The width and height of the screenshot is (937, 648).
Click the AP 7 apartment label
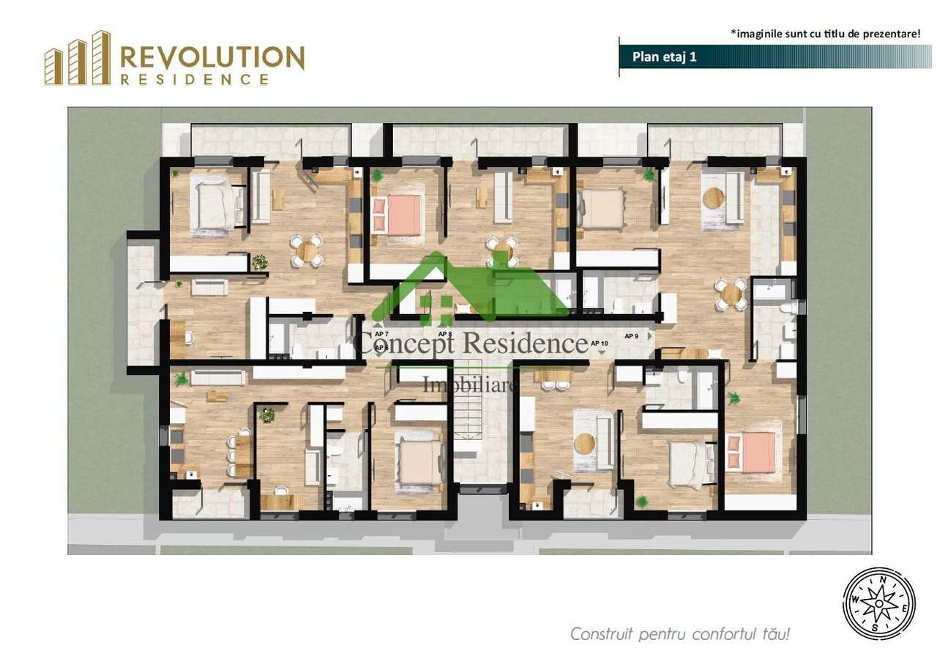pyautogui.click(x=381, y=334)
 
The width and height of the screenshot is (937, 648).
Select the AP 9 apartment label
pyautogui.click(x=631, y=336)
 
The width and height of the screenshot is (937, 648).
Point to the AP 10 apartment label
pyautogui.click(x=599, y=343)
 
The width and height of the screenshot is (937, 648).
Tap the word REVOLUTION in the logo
pyautogui.click(x=212, y=58)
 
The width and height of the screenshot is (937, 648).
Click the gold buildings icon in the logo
pyautogui.click(x=77, y=59)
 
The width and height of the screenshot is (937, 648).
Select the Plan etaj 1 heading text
pyautogui.click(x=654, y=58)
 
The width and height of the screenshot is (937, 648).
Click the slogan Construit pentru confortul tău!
pyautogui.click(x=680, y=633)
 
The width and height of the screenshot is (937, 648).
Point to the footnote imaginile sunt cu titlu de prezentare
pyautogui.click(x=825, y=33)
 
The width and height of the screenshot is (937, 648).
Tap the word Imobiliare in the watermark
pyautogui.click(x=471, y=384)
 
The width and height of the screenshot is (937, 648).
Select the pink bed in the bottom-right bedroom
pyautogui.click(x=752, y=453)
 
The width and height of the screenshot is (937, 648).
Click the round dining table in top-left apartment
pyautogui.click(x=307, y=250)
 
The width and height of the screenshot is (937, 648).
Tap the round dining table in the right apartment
pyautogui.click(x=731, y=294)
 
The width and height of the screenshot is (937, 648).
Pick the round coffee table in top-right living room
pyautogui.click(x=712, y=198)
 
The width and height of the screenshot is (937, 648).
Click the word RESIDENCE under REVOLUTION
pyautogui.click(x=194, y=80)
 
